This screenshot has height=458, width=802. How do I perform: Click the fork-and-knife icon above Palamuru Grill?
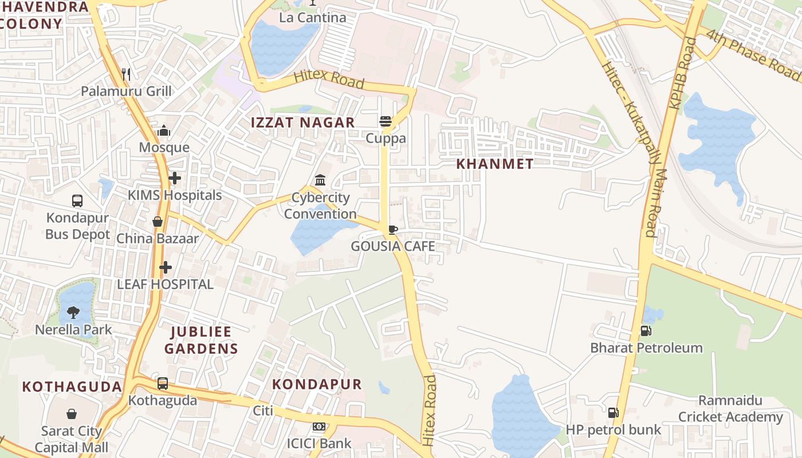click(127, 74)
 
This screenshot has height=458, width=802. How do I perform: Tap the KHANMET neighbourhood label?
click(495, 164)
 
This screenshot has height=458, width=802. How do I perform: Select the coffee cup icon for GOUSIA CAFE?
click(392, 230)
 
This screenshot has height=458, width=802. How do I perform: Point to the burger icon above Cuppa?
click(386, 121)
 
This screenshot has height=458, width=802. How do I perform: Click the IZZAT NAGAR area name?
click(303, 123)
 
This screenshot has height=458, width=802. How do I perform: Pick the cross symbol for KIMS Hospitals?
click(175, 178)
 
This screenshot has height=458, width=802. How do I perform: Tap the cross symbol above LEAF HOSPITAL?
click(166, 267)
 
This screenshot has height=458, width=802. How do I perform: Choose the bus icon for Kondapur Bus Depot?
click(77, 200)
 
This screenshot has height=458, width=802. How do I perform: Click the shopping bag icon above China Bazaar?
click(158, 221)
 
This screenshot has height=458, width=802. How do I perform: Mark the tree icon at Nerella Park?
click(73, 312)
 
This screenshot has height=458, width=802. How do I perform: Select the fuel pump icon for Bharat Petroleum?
click(646, 330)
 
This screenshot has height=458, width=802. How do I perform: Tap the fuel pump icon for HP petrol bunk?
click(613, 412)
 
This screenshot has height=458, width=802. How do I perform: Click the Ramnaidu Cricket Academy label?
click(730, 409)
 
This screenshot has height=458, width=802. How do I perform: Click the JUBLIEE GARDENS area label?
click(201, 340)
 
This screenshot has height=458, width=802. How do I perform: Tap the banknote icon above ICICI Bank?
click(319, 427)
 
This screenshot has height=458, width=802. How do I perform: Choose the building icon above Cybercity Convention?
click(320, 180)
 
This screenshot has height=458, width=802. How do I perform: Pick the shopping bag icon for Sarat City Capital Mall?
click(72, 413)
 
